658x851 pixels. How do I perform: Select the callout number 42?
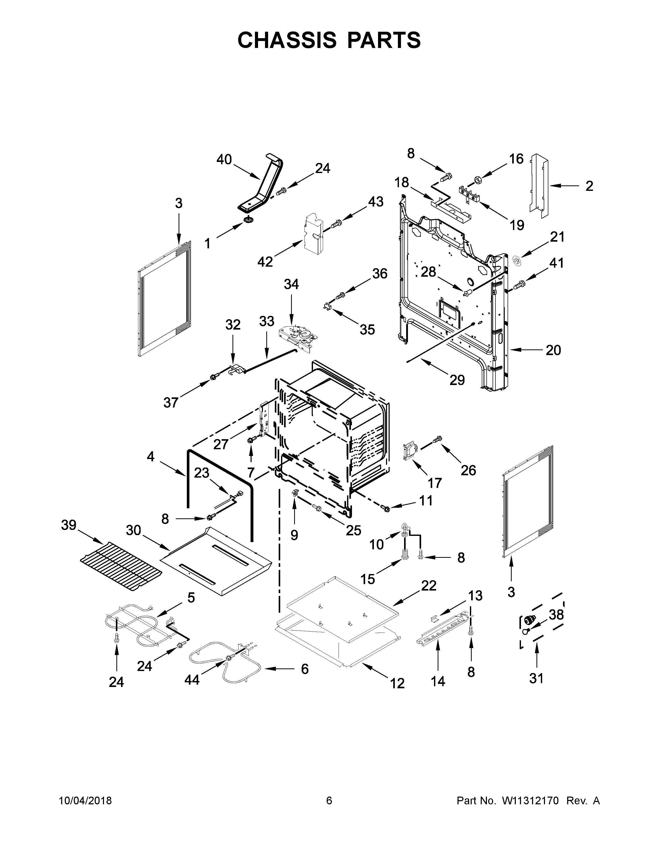point(265,262)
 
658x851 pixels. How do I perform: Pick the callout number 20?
point(553,350)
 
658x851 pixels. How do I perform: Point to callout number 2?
point(589,186)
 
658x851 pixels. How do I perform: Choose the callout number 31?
point(536,678)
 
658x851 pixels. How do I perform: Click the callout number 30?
point(133,530)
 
